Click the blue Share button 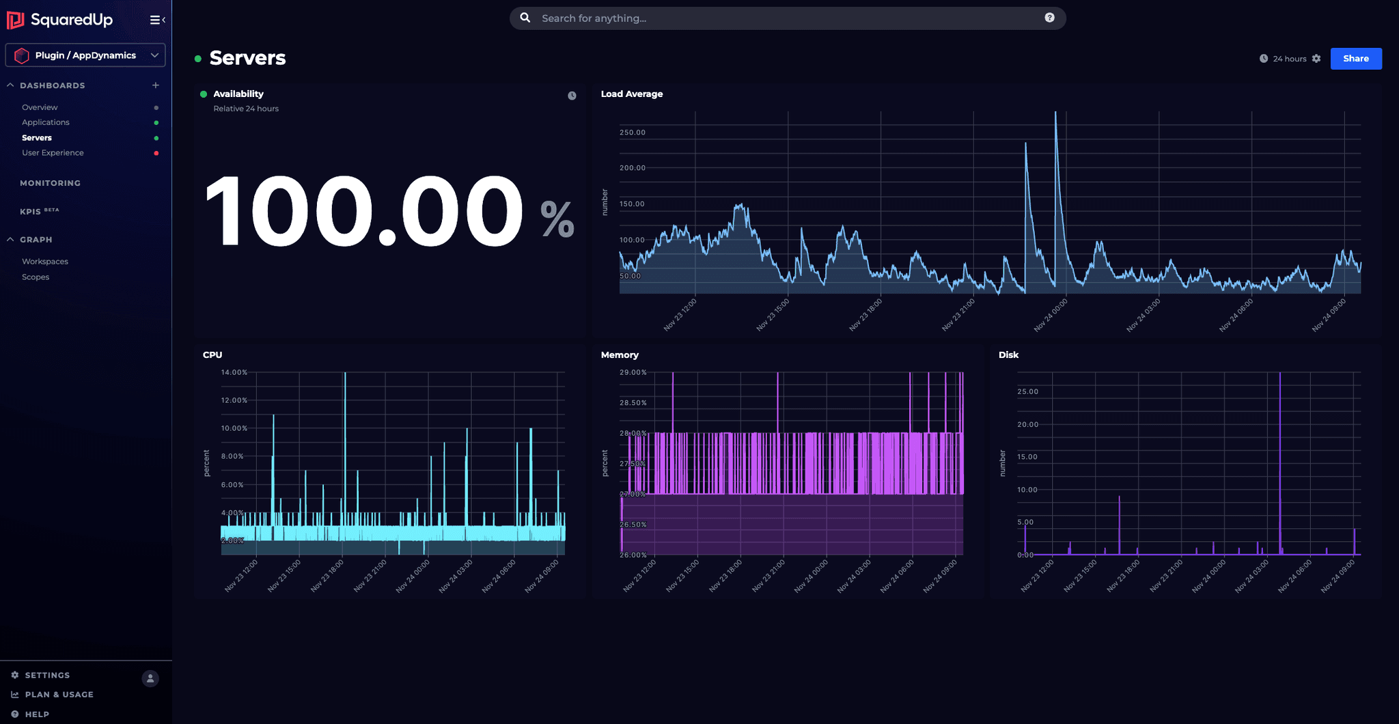1355,59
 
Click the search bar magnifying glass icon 525,18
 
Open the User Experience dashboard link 53,153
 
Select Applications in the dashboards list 45,122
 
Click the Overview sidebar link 40,107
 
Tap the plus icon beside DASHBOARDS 156,85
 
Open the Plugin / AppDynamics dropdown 85,55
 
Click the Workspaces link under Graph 45,262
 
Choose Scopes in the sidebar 36,277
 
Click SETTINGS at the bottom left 47,675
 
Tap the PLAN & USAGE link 59,695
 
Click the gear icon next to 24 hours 1316,59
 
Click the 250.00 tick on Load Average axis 632,133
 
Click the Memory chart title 620,354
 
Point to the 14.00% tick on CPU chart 234,372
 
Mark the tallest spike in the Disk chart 1279,374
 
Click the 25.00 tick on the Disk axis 1027,391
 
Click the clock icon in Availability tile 572,96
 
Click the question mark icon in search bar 1049,18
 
